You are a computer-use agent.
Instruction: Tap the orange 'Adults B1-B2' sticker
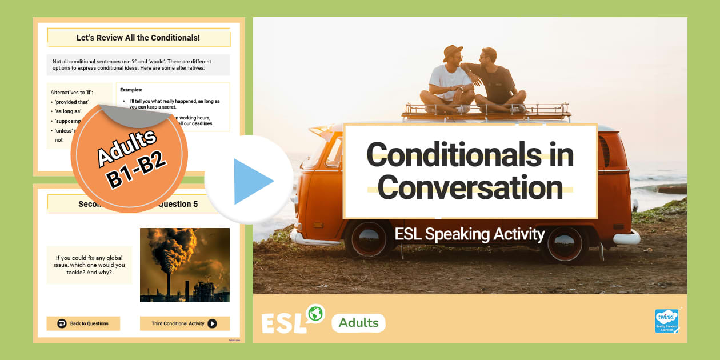(x=130, y=155)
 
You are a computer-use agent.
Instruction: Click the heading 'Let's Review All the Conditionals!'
(x=138, y=38)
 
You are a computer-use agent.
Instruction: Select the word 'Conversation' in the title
(x=470, y=188)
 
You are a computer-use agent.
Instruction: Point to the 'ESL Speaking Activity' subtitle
(x=470, y=234)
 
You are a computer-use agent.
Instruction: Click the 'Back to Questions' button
(x=83, y=323)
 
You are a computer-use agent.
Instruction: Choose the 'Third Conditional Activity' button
(x=185, y=323)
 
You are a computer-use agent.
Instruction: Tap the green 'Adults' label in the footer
(x=358, y=323)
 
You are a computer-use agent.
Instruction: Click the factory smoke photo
(x=185, y=265)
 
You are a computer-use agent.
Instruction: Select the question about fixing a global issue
(x=90, y=265)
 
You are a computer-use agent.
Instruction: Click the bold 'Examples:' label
(x=131, y=90)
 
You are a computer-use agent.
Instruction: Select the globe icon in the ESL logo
(x=315, y=313)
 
